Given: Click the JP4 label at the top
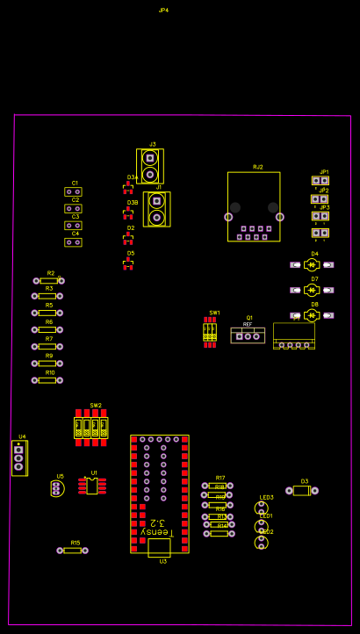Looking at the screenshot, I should tap(163, 11).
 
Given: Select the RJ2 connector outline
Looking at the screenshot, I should tap(254, 206).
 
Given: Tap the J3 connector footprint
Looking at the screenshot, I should tap(150, 166).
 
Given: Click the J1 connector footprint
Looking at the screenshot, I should tap(157, 209).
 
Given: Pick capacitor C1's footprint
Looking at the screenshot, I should tap(73, 191).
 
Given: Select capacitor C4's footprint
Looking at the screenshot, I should tap(73, 242).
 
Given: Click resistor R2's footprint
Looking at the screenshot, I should tap(48, 281).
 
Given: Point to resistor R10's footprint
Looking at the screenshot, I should tap(47, 380).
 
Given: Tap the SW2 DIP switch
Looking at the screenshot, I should tap(91, 429).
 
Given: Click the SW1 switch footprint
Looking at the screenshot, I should tap(210, 332).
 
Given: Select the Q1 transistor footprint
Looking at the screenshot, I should tap(248, 335).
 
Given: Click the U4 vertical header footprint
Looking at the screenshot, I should tap(18, 457).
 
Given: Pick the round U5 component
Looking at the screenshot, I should tap(57, 488).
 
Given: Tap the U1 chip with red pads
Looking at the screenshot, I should tap(92, 486).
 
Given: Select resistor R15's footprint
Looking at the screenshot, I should tap(73, 551).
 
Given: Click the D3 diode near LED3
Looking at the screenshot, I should tap(302, 491).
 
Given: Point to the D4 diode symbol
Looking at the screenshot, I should tap(313, 264).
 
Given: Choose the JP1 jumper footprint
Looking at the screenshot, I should tap(320, 181).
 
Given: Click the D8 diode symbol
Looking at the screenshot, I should tap(313, 315).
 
